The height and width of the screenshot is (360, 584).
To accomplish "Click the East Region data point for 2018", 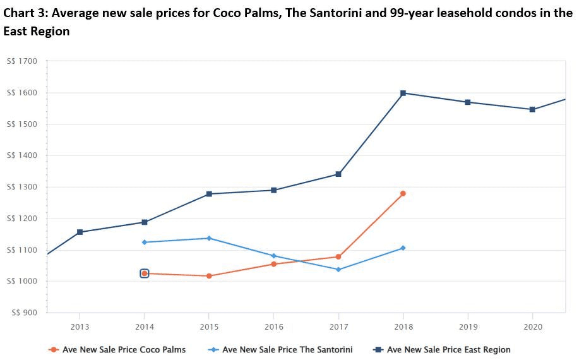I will tap(403, 93).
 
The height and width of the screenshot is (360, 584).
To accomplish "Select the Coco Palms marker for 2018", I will tap(403, 193).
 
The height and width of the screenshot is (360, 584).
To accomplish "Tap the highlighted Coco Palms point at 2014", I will tap(145, 273).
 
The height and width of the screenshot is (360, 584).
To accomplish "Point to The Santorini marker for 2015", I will tap(209, 238).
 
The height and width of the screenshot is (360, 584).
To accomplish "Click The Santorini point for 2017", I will tap(338, 270).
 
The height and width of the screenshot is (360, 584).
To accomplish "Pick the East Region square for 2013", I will tap(80, 232).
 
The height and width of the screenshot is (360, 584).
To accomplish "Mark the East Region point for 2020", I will tap(532, 109).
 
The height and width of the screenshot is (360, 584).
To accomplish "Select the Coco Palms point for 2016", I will tap(273, 264).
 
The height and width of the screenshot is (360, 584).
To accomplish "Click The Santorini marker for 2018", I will tap(403, 248).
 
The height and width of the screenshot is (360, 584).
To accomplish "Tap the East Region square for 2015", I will tap(209, 194).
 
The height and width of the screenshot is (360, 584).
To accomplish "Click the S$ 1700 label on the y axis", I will tap(22, 61).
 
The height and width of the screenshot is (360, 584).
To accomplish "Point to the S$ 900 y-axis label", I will tap(24, 313).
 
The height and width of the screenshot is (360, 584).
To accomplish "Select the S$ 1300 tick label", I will tap(22, 187).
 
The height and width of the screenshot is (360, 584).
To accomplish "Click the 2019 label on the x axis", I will tap(468, 327).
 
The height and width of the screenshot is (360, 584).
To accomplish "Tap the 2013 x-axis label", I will tap(80, 327).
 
